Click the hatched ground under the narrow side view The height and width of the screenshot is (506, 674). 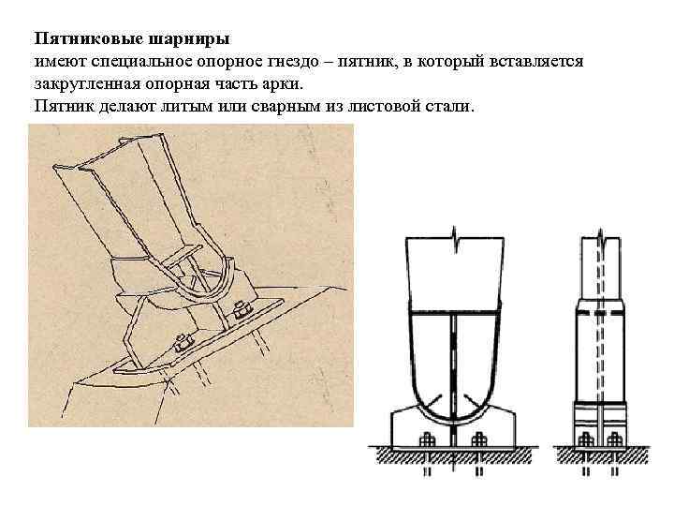coord(599,455)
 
